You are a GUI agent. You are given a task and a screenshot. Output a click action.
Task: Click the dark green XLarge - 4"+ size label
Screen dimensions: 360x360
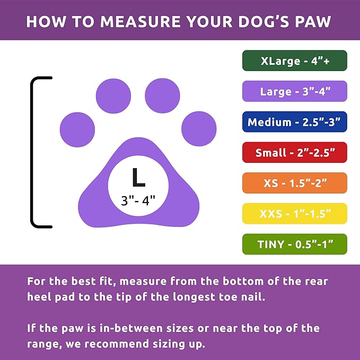tap(294, 61)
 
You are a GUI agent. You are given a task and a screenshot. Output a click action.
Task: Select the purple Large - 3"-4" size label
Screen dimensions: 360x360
tap(294, 91)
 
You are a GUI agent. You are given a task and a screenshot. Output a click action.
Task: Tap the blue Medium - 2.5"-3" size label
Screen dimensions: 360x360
tap(294, 122)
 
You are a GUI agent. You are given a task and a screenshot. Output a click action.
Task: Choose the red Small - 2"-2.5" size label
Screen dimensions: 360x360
tap(294, 153)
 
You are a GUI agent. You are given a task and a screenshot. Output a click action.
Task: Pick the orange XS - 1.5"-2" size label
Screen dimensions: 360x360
tap(294, 183)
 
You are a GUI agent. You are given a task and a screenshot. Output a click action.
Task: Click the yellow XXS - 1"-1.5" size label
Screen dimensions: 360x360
tap(294, 214)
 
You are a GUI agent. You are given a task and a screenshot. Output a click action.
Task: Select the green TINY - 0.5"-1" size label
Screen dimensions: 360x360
tap(294, 244)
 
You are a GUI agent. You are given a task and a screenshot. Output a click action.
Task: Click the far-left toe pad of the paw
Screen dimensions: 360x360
tap(77, 130)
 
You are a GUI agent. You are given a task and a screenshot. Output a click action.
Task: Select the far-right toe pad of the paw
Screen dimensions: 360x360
tap(199, 129)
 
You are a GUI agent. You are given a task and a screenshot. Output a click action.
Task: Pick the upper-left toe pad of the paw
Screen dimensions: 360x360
tap(113, 96)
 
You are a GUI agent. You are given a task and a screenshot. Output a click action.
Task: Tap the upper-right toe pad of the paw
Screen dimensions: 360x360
tap(162, 96)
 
